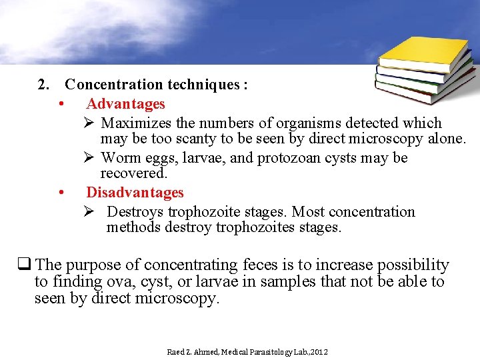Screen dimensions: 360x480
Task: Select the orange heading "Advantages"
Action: [x=125, y=104]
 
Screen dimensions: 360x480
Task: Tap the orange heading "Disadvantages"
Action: [x=135, y=193]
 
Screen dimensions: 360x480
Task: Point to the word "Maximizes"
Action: [x=137, y=123]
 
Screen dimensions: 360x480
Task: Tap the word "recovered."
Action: [x=134, y=173]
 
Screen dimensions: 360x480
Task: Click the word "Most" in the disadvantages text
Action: [x=310, y=212]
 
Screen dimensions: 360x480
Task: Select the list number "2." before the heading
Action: [x=44, y=85]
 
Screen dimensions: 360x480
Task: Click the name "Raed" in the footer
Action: [x=175, y=351]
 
